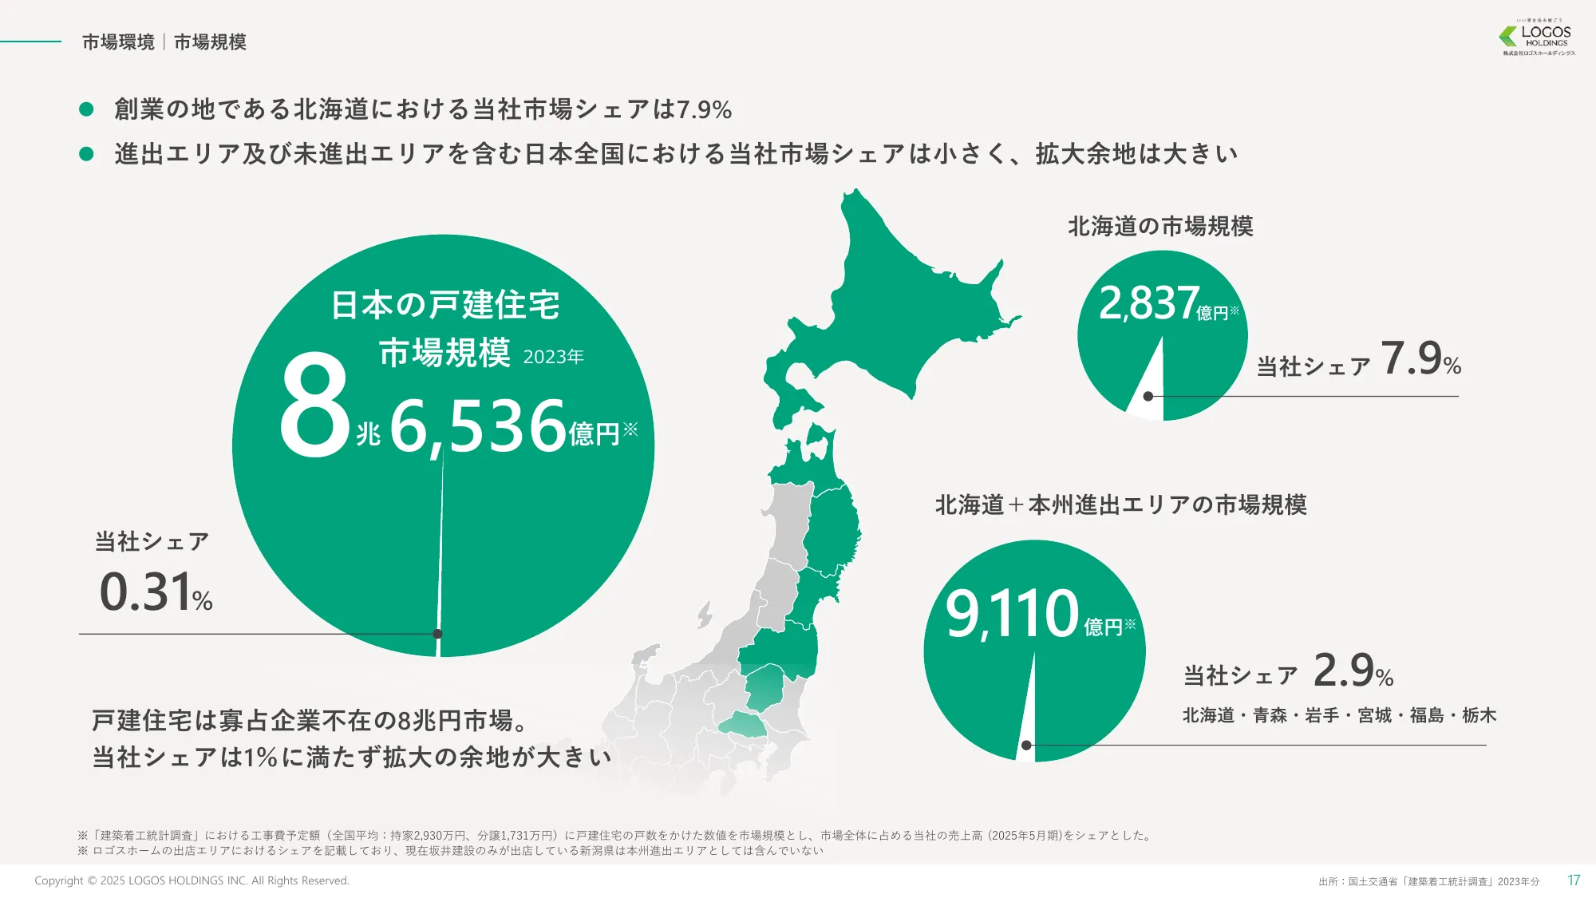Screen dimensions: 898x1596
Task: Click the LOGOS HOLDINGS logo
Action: [x=1538, y=38]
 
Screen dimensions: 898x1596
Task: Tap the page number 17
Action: [x=1573, y=880]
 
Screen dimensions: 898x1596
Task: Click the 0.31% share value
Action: [x=156, y=593]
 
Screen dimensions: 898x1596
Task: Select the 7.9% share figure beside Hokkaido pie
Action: [x=1420, y=358]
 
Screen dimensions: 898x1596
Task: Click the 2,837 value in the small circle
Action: [x=1148, y=303]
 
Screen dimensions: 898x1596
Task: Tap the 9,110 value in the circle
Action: [x=1012, y=614]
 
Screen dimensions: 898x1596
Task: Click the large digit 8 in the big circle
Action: [x=314, y=407]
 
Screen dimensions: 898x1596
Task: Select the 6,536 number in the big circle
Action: [x=477, y=427]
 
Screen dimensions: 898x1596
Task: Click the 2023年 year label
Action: [x=553, y=357]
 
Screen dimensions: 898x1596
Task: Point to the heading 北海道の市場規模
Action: [x=1160, y=227]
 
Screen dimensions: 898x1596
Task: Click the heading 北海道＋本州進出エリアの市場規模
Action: [x=1120, y=505]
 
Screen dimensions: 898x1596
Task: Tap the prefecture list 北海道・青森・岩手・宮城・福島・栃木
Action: [x=1339, y=715]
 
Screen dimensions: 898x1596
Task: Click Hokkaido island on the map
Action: [x=894, y=303]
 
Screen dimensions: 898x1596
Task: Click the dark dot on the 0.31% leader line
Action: [x=437, y=634]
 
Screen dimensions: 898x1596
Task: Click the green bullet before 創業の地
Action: [x=87, y=109]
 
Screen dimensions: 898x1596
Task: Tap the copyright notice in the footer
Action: [x=192, y=880]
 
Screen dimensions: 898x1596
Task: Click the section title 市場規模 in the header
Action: [x=210, y=42]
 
